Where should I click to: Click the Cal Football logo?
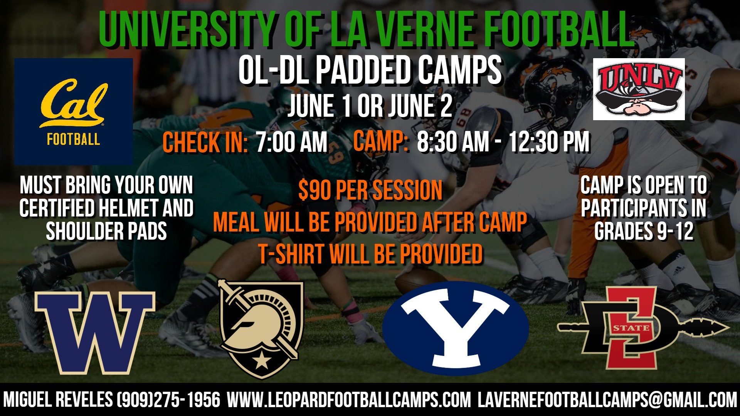tap(73, 111)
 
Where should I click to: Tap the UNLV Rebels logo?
tap(639, 89)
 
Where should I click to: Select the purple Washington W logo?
tap(94, 332)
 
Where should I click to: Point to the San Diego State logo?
tap(643, 328)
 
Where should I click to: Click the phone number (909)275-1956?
tap(168, 400)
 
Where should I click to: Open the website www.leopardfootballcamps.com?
tap(349, 400)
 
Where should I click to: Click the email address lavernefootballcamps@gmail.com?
tap(607, 400)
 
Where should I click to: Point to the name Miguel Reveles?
tap(58, 400)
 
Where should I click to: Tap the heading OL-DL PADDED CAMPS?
tap(370, 70)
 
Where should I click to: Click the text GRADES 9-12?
tap(644, 231)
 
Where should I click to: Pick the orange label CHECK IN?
tap(205, 142)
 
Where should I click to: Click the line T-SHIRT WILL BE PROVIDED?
tap(370, 254)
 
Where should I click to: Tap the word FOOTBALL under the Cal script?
tap(73, 139)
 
